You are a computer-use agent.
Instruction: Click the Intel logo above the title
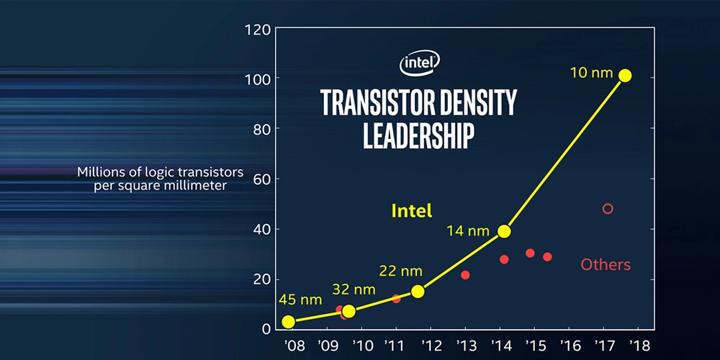coord(420,64)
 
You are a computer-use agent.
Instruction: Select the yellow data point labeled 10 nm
coord(625,76)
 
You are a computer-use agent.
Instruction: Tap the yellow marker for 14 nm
coord(504,231)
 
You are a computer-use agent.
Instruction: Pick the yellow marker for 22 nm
coord(418,291)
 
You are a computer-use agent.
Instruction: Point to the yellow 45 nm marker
coord(288,322)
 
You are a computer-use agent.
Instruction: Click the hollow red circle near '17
coord(608,209)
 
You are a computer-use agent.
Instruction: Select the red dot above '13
coord(465,275)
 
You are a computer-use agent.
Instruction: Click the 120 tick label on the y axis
coord(258,30)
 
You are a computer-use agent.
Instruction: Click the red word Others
coord(606,265)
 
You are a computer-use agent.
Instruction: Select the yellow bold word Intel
coord(411,211)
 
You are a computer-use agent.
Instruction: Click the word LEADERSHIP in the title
coord(418,135)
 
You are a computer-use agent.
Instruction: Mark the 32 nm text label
coord(354,289)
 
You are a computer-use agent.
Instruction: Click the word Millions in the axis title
coord(100,173)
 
